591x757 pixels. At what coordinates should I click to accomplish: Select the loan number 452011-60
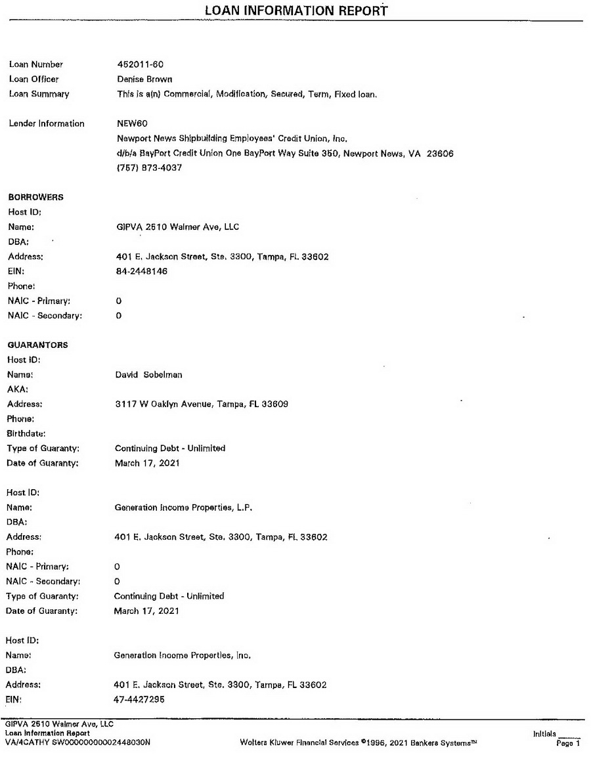(139, 64)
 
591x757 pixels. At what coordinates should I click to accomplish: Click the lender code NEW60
(130, 123)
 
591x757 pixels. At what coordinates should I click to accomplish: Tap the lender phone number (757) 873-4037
(148, 168)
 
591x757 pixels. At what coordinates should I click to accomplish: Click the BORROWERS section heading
(35, 198)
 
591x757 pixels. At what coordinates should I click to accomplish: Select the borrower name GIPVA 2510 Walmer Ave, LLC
(177, 227)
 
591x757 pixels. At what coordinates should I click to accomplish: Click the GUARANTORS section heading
(37, 345)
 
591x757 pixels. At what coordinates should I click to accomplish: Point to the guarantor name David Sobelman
(148, 374)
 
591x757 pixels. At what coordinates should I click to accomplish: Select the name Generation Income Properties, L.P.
(183, 508)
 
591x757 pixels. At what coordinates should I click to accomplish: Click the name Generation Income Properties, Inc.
(183, 655)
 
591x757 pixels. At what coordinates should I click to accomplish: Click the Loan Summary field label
(39, 94)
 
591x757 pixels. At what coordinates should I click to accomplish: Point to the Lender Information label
(47, 123)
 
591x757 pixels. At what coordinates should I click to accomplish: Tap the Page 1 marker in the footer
(569, 743)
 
